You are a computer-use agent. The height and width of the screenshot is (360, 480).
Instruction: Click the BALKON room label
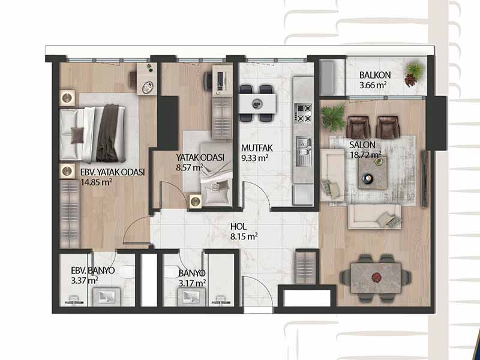375,75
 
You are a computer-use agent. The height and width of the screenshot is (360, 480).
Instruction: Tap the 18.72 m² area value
365,155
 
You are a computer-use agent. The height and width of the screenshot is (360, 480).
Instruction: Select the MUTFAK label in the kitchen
257,148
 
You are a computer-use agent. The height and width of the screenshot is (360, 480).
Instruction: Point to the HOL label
238,227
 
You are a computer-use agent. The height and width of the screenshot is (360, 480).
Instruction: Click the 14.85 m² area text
96,182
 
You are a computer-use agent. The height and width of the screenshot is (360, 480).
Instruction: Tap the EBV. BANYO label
93,271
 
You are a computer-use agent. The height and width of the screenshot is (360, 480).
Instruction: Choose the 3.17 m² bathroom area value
192,283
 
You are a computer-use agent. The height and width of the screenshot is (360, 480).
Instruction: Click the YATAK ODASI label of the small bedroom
200,158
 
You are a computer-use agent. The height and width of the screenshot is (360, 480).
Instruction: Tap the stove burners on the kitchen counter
303,113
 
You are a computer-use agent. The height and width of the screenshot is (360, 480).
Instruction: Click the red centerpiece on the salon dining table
376,277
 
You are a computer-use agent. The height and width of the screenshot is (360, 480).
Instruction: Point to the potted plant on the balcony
414,73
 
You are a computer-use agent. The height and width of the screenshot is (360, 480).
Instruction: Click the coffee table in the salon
373,172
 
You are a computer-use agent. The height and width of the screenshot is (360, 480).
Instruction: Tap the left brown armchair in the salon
358,127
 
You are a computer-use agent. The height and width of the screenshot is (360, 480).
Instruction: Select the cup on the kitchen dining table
256,104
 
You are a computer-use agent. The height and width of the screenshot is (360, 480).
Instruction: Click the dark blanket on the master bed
107,133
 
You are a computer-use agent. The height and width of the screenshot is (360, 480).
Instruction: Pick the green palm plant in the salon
334,116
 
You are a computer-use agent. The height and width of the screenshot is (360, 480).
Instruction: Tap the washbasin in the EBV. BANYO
107,296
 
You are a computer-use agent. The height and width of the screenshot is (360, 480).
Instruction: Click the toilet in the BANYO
170,272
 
